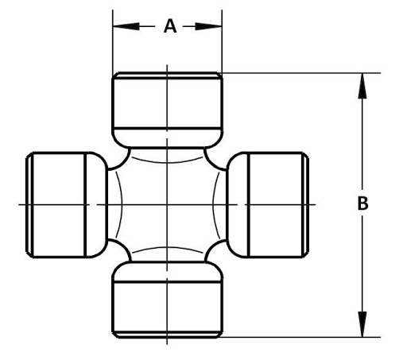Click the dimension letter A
click(170, 26)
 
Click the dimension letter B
click(362, 203)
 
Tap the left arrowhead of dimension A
click(126, 26)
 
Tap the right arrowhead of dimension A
click(208, 26)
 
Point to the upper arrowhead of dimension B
click(362, 86)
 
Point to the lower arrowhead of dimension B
click(362, 324)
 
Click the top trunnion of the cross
click(167, 110)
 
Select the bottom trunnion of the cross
click(167, 300)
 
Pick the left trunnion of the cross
click(67, 205)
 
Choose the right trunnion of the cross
click(268, 205)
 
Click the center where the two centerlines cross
click(167, 204)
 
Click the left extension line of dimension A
click(113, 42)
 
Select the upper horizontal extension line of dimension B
click(300, 72)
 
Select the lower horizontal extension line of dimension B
click(300, 337)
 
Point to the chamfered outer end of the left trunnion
click(29, 205)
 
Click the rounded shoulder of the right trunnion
click(238, 205)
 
